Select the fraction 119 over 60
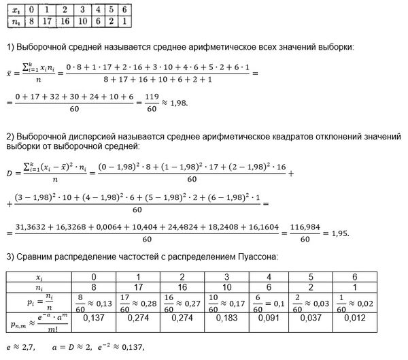pyautogui.click(x=146, y=104)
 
